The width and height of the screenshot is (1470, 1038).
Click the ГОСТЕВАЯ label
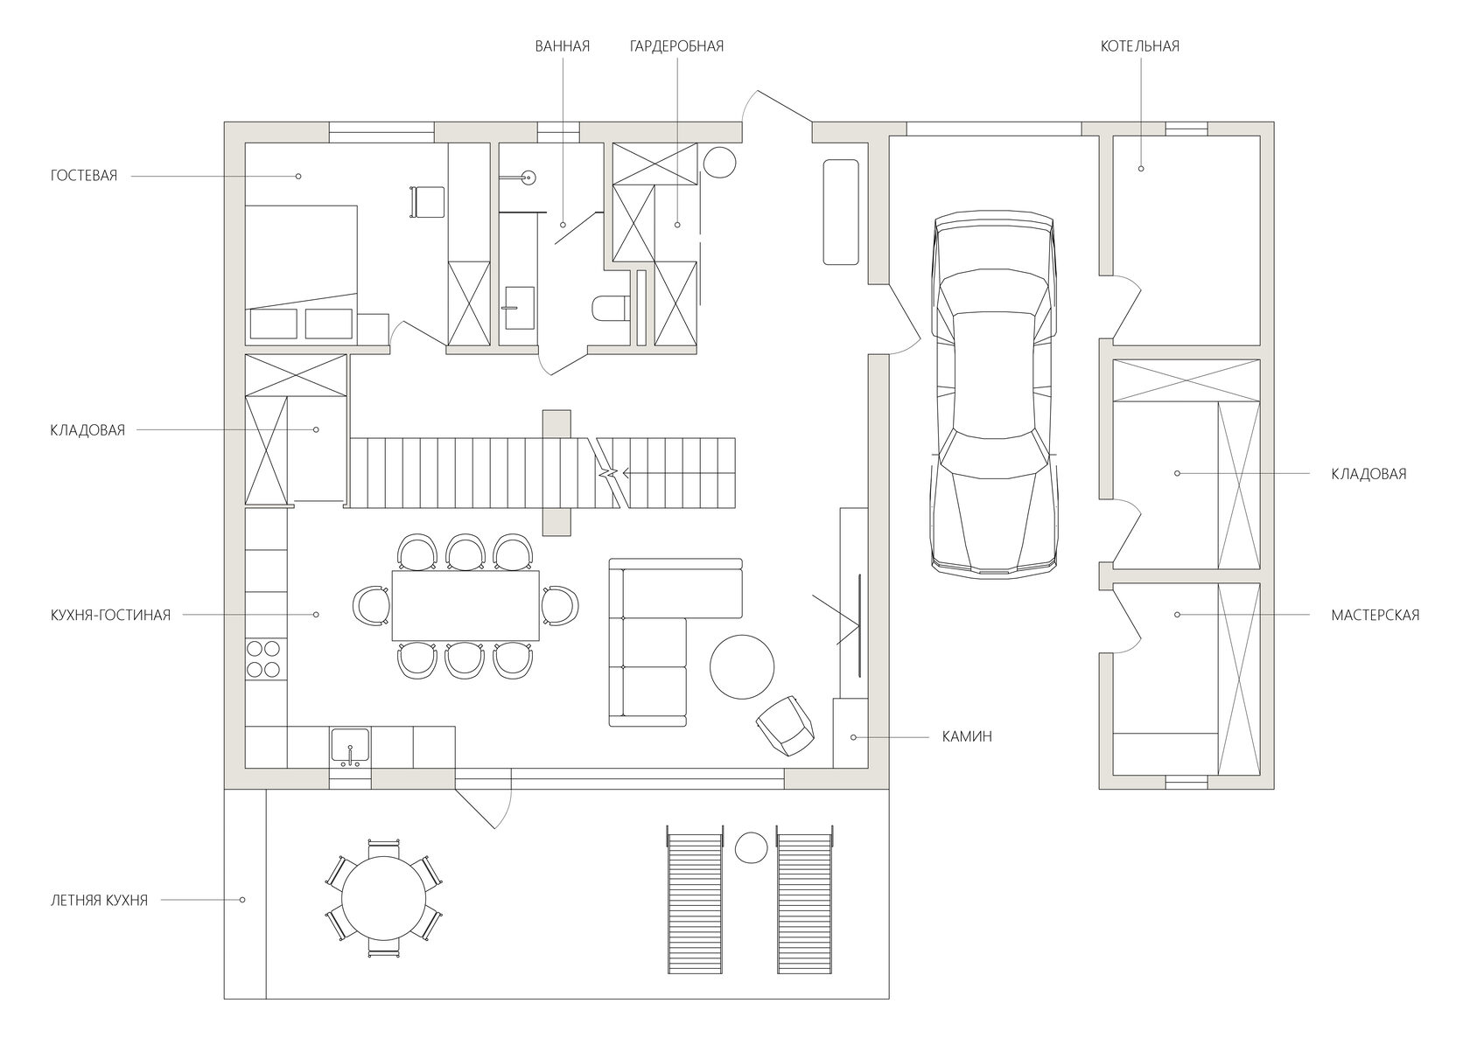pyautogui.click(x=83, y=176)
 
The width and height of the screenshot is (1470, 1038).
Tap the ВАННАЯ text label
pyautogui.click(x=563, y=46)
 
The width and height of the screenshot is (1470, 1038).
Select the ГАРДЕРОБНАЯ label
pyautogui.click(x=676, y=46)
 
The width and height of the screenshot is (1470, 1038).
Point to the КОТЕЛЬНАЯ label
pyautogui.click(x=1140, y=46)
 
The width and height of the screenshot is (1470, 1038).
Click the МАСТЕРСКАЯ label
pyautogui.click(x=1375, y=615)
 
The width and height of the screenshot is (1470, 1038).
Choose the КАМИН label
pyautogui.click(x=967, y=737)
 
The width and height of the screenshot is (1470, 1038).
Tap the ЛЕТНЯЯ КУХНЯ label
pyautogui.click(x=99, y=901)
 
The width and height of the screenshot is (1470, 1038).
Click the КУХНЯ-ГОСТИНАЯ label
pyautogui.click(x=110, y=615)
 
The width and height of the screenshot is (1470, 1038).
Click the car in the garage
pyautogui.click(x=995, y=394)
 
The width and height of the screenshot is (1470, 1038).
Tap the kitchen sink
pyautogui.click(x=350, y=746)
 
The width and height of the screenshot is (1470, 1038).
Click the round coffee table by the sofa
pyautogui.click(x=742, y=667)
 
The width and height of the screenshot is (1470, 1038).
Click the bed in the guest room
pyautogui.click(x=301, y=273)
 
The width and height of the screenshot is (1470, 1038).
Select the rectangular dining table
pyautogui.click(x=465, y=605)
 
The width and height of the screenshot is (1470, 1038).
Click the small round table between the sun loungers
pyautogui.click(x=751, y=848)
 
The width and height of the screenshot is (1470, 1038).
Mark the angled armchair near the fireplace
pyautogui.click(x=786, y=727)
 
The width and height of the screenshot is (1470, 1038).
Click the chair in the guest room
pyautogui.click(x=427, y=201)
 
